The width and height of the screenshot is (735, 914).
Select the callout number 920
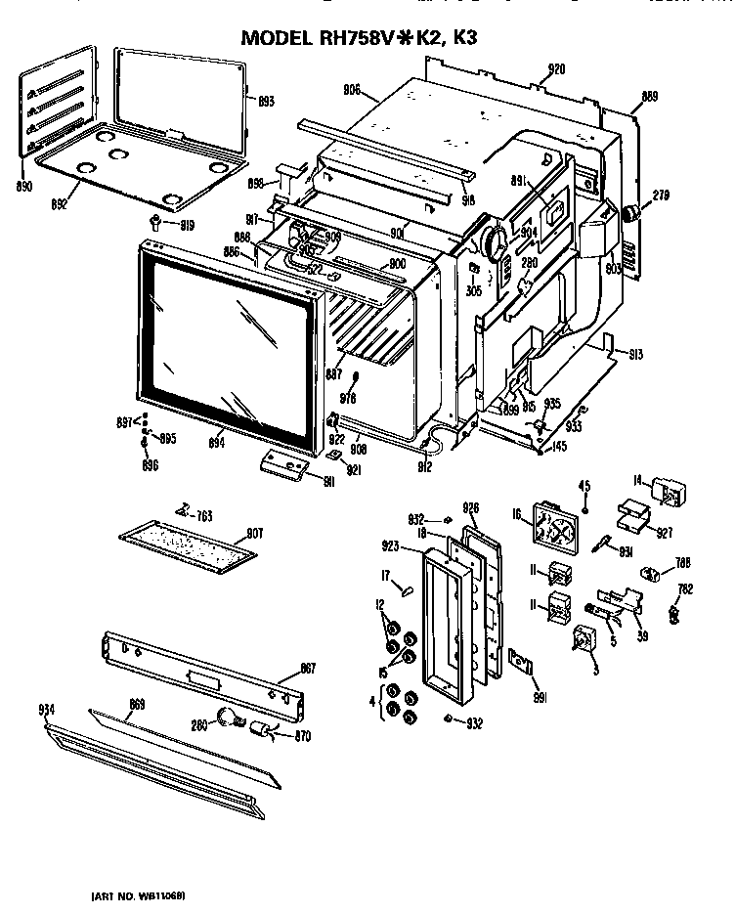[x=555, y=68]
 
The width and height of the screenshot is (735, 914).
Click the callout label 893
[x=265, y=101]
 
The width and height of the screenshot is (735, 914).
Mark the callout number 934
[x=46, y=709]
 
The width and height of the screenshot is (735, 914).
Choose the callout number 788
[x=683, y=562]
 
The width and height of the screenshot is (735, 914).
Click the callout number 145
[x=559, y=447]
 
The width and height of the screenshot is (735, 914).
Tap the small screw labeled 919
[x=155, y=221]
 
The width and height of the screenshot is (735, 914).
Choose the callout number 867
[x=307, y=669]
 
